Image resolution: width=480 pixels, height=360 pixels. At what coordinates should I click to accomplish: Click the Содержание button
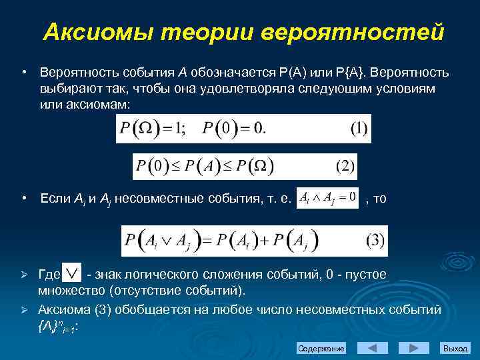[321, 349]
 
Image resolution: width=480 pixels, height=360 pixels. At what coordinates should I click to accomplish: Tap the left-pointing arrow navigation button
[373, 348]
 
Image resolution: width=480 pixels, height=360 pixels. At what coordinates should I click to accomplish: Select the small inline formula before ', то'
[327, 199]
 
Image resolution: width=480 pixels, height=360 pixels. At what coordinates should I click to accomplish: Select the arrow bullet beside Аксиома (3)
[23, 310]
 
